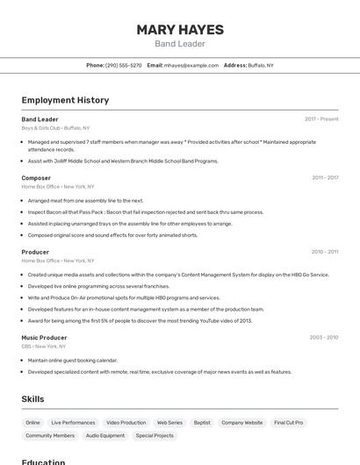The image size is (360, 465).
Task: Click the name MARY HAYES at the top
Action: (x=180, y=29)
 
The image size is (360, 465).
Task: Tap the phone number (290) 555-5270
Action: (x=123, y=65)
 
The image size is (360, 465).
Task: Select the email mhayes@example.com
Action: (x=191, y=65)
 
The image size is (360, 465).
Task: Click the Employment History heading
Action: (x=65, y=100)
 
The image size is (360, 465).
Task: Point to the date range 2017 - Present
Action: (x=321, y=119)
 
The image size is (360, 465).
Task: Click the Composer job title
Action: (x=36, y=178)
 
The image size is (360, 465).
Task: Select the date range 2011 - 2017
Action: (x=325, y=178)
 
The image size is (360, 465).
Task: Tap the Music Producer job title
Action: (x=44, y=338)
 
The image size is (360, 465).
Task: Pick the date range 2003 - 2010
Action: (x=324, y=338)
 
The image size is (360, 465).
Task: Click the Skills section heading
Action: (x=32, y=399)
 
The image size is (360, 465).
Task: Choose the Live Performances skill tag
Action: (x=73, y=423)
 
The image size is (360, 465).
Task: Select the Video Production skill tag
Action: (x=126, y=423)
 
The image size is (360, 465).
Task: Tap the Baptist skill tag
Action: (x=202, y=423)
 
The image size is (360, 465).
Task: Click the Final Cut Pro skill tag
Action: (x=288, y=423)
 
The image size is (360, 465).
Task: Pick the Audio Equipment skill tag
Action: (x=105, y=436)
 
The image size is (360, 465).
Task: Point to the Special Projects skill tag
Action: (x=155, y=436)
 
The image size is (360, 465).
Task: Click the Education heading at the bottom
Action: (x=44, y=461)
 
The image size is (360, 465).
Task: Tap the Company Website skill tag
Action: (x=241, y=423)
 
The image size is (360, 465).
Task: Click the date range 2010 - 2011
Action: (x=325, y=252)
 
